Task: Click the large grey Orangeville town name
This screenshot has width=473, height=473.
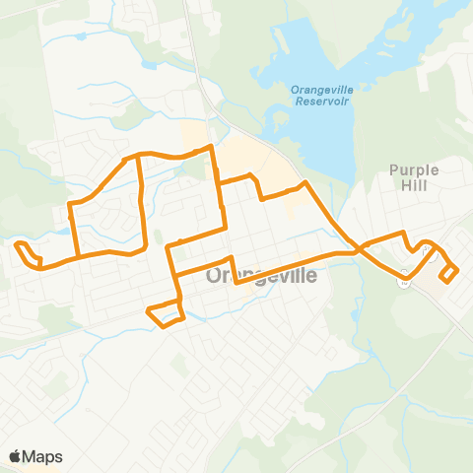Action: tap(263, 278)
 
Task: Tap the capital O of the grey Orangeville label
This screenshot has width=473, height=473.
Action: tap(216, 278)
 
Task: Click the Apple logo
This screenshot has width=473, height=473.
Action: tap(16, 456)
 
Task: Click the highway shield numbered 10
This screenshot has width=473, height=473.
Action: tap(404, 281)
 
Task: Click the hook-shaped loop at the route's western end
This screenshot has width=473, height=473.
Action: tap(28, 252)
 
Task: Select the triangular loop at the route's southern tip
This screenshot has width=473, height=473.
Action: tap(166, 313)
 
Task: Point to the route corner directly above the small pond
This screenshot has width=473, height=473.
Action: tap(69, 204)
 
